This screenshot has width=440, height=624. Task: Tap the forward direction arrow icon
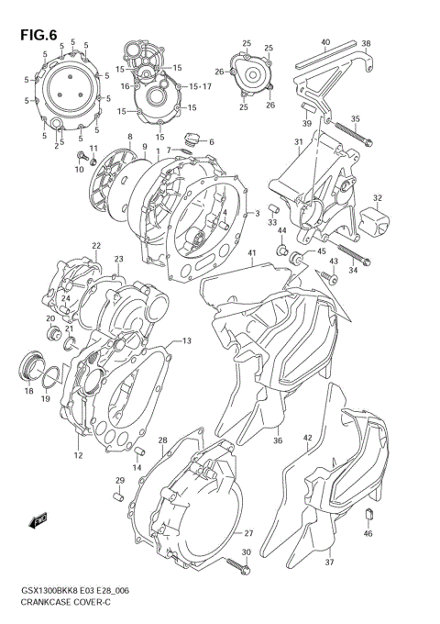(39, 522)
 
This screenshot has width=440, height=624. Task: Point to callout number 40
(325, 43)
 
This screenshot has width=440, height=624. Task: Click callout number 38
(365, 43)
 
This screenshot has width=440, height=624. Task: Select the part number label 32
(377, 197)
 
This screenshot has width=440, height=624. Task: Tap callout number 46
(368, 533)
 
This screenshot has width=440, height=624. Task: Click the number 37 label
(330, 563)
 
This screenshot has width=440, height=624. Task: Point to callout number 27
(247, 533)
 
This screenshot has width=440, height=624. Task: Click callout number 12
(78, 455)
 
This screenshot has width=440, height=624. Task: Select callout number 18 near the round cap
(29, 392)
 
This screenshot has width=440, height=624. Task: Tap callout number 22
(95, 246)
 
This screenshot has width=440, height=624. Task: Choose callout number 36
(277, 440)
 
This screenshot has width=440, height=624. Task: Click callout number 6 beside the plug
(211, 141)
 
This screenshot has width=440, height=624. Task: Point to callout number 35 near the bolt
(355, 118)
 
